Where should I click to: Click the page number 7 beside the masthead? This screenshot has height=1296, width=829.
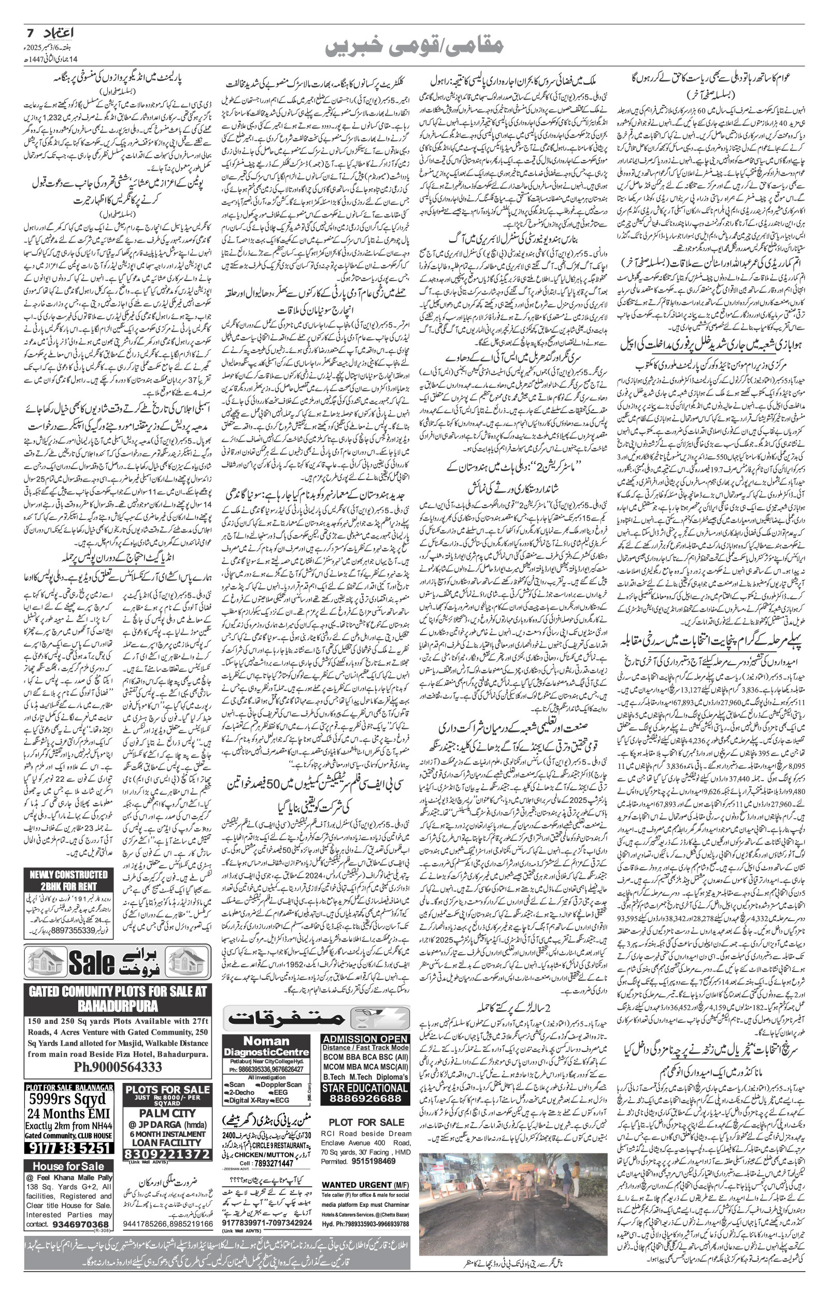(30, 33)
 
